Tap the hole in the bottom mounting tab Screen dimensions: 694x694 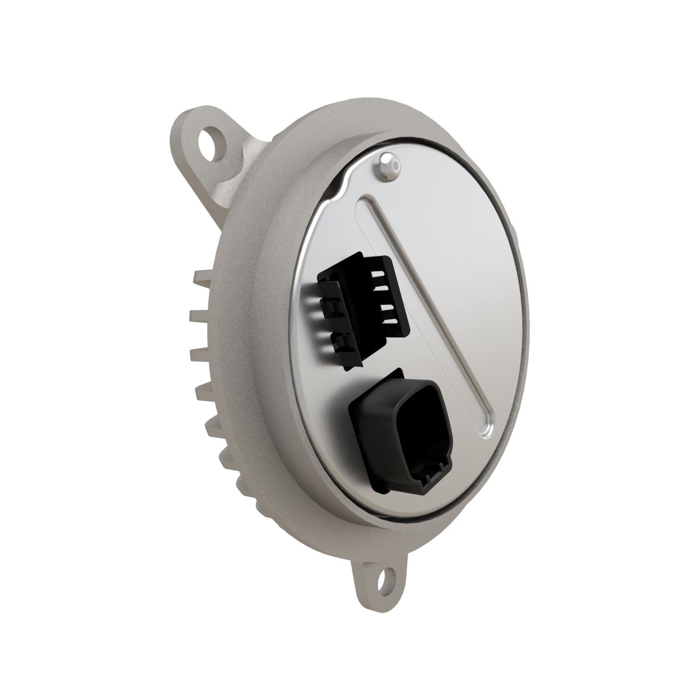tap(382, 578)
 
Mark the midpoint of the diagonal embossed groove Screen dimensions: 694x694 tap(426, 315)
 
